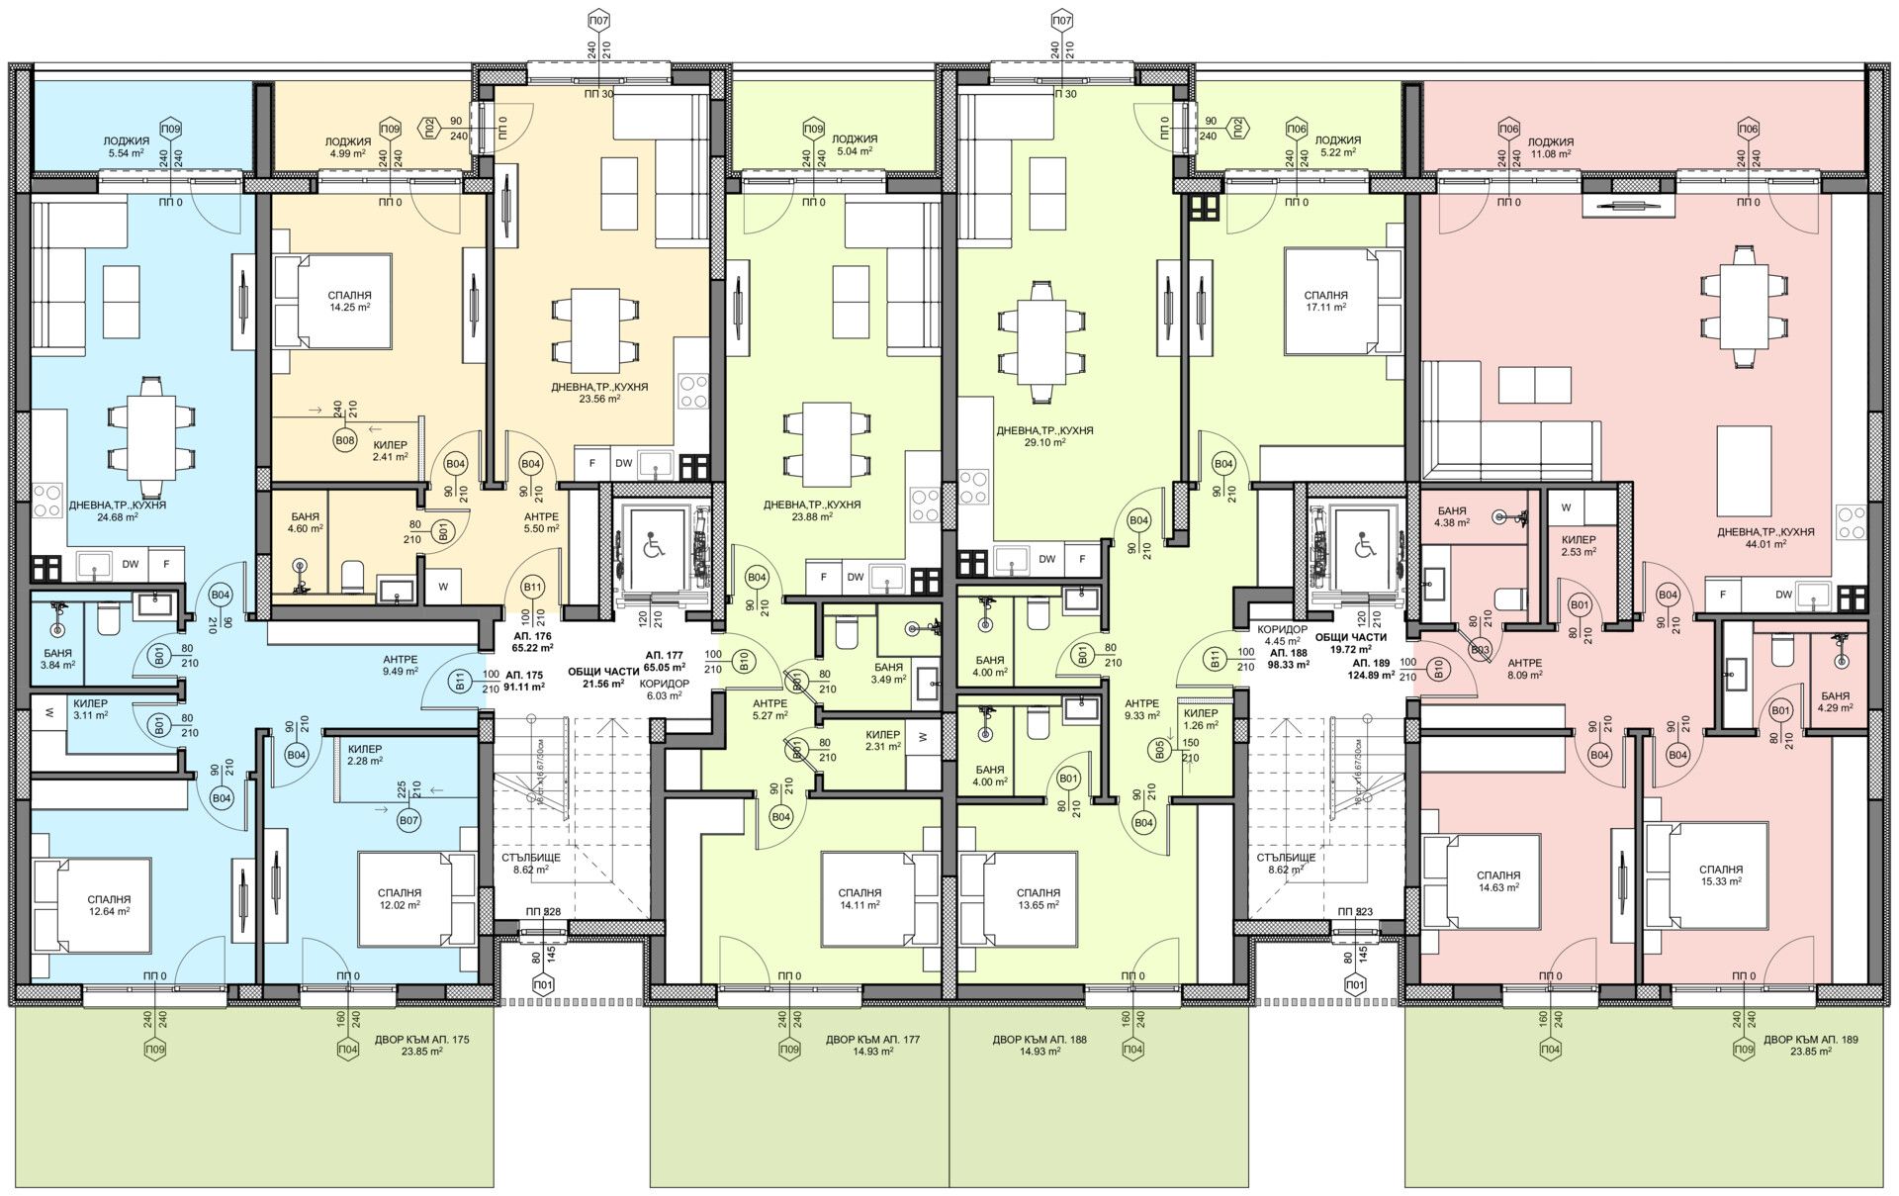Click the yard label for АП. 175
(x=422, y=1046)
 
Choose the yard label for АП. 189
(x=1797, y=1046)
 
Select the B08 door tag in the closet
(x=344, y=439)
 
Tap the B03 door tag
(x=1481, y=649)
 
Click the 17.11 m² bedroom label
(x=1325, y=301)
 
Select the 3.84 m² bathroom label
(x=57, y=659)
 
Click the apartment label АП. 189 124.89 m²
(x=1374, y=669)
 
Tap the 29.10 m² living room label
(x=1044, y=436)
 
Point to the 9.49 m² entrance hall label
(x=401, y=665)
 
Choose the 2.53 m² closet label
(x=1578, y=546)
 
